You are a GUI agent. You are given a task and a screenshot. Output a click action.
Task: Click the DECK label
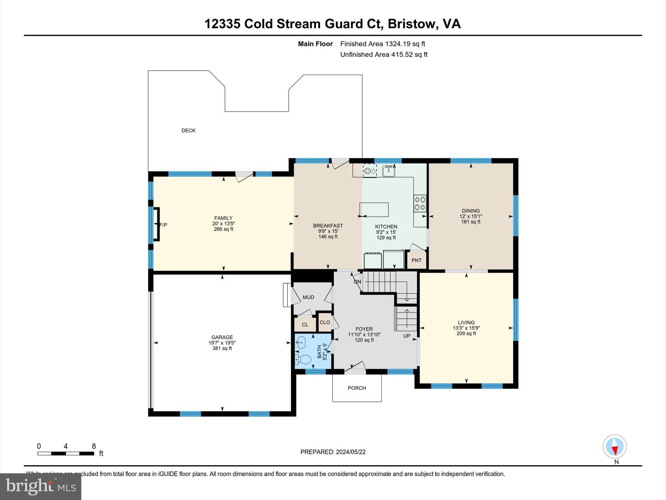188,131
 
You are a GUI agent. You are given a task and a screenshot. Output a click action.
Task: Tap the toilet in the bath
304,359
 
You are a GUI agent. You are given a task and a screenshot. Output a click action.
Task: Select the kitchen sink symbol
388,171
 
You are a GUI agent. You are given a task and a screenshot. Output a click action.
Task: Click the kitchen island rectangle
374,210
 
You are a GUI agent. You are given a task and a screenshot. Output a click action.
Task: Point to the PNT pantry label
416,260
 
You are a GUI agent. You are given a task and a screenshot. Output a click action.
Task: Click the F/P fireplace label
164,225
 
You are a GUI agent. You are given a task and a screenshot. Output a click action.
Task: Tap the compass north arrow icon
614,447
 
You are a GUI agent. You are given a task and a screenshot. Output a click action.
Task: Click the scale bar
66,453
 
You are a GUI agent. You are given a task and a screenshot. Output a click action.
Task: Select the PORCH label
357,388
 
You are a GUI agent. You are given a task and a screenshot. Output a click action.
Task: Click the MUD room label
308,297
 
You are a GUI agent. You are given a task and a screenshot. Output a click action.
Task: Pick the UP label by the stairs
407,336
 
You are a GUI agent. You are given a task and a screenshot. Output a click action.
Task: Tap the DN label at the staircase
357,282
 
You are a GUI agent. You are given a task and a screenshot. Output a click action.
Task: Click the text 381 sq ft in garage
222,348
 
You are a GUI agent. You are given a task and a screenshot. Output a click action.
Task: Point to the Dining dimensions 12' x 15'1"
471,216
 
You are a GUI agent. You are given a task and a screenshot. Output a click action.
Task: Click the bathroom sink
301,342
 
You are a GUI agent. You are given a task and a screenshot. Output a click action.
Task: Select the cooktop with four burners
420,203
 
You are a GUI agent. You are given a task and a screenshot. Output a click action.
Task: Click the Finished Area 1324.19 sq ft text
382,44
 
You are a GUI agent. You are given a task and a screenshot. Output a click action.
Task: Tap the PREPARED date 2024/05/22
333,452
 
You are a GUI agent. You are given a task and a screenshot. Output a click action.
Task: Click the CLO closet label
325,322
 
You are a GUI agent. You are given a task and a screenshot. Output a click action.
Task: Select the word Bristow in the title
411,24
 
